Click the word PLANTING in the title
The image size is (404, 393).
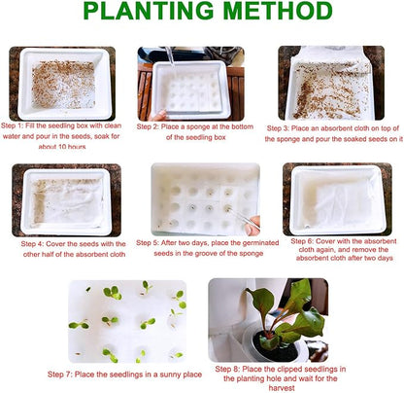tap(149, 11)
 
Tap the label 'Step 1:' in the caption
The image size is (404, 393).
tap(12, 125)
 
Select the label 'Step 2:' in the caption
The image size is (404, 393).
tap(148, 126)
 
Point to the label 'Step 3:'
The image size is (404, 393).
tap(278, 128)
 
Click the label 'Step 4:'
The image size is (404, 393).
tap(32, 244)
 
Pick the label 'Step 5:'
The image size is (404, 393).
tap(148, 243)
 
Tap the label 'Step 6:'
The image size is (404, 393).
tap(302, 241)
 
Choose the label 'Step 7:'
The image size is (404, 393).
tap(60, 375)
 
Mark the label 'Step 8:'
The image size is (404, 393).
tap(227, 369)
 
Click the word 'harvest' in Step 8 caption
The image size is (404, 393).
tap(282, 388)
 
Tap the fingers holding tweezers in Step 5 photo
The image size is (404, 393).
tap(252, 226)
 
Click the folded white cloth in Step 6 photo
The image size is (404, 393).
tap(345, 202)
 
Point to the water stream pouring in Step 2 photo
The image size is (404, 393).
tap(171, 56)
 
